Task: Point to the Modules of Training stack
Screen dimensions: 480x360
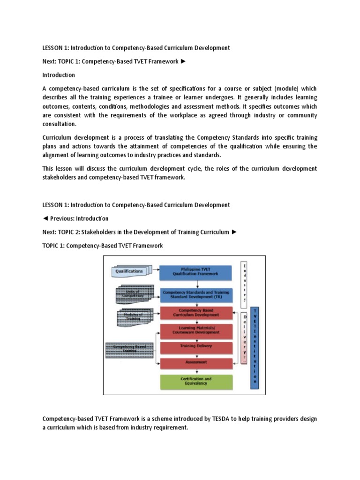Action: [x=132, y=316]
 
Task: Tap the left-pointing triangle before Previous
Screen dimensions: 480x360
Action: [x=45, y=218]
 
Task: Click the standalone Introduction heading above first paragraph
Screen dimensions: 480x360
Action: [x=59, y=75]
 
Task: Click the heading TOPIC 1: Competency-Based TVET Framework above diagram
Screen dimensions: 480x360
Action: [x=103, y=246]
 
